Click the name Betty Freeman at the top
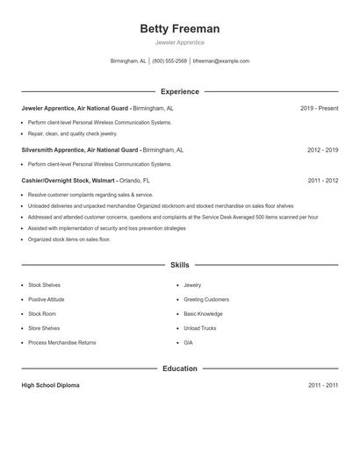click(x=179, y=29)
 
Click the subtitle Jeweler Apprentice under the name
click(x=179, y=42)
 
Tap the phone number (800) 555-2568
click(x=169, y=61)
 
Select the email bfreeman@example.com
click(x=221, y=61)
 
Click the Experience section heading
click(x=179, y=91)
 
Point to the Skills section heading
click(x=179, y=264)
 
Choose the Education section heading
click(x=179, y=368)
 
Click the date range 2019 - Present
click(x=319, y=108)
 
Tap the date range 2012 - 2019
click(x=323, y=150)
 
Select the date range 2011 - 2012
click(x=323, y=180)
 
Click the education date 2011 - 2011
click(x=323, y=385)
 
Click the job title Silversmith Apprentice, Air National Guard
click(x=81, y=150)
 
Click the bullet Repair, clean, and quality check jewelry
click(x=72, y=134)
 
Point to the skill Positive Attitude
click(x=47, y=299)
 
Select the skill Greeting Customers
click(x=206, y=299)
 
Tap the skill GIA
click(x=188, y=342)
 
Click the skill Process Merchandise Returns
click(x=61, y=342)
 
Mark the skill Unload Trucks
click(x=200, y=328)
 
